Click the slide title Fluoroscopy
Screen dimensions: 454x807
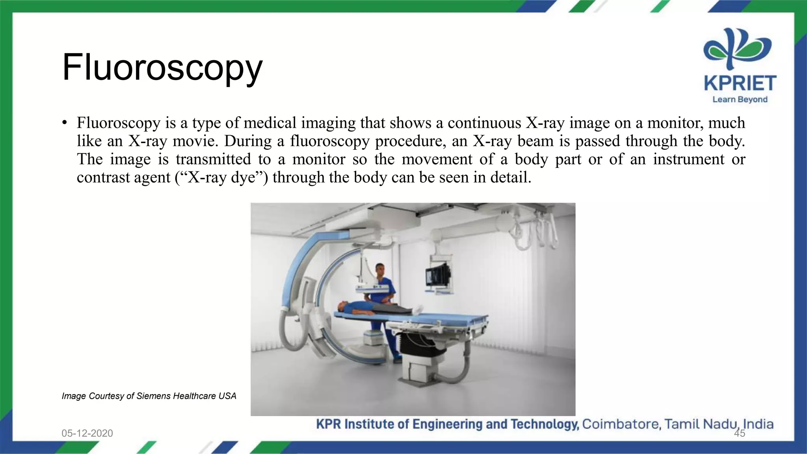pos(162,68)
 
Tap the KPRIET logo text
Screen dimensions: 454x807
pos(740,84)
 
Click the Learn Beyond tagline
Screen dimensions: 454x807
pos(740,100)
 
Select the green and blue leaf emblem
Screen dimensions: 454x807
pos(737,49)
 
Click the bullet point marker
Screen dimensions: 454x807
pos(65,123)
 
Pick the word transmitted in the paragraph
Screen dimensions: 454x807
pos(213,159)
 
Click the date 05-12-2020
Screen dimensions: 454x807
pos(87,433)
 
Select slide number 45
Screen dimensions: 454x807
pos(740,434)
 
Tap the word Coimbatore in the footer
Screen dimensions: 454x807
pos(621,424)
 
